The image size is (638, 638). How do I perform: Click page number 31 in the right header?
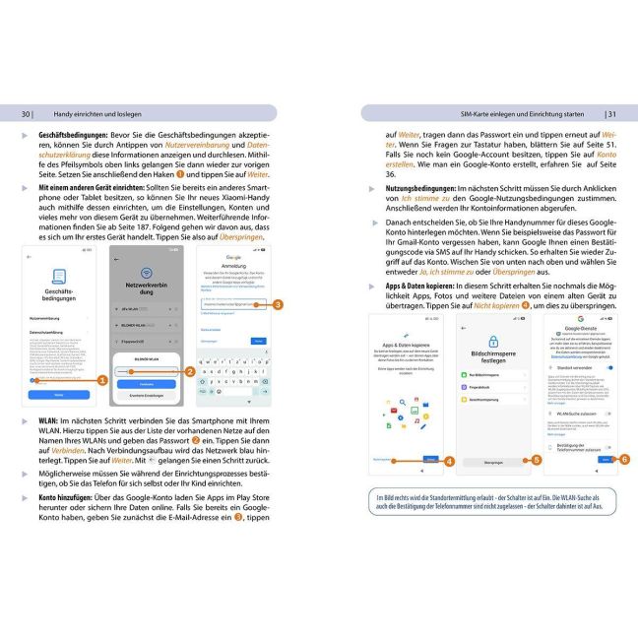[610, 113]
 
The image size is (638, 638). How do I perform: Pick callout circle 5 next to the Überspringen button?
[536, 460]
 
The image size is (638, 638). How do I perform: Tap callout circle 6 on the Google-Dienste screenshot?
[624, 460]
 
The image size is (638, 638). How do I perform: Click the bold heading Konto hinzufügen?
[69, 498]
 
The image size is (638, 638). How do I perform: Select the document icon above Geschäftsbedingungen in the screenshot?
[58, 278]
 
